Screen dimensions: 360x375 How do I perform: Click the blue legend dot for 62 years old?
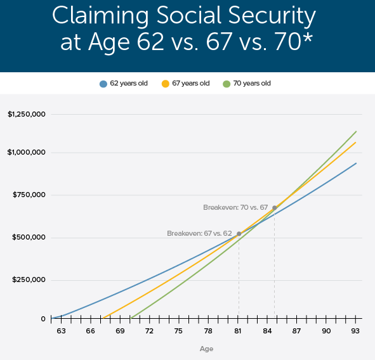coord(103,84)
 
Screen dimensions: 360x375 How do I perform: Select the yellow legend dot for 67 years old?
coord(166,84)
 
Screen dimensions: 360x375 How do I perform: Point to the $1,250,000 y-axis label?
coord(27,115)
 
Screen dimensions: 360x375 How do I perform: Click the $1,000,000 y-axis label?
coord(27,153)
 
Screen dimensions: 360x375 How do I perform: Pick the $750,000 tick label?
coord(29,195)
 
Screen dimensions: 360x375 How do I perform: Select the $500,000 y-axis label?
coord(29,238)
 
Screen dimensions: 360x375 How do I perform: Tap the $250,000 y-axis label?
coord(29,280)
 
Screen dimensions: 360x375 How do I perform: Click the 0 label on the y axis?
coord(43,319)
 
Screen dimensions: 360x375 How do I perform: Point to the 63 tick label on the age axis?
coord(61,331)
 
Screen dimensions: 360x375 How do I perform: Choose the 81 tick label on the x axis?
coord(238,331)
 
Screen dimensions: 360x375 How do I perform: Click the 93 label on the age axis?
coord(356,331)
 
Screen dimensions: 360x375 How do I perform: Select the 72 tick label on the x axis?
coord(149,331)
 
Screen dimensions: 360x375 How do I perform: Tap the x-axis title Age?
coord(206,349)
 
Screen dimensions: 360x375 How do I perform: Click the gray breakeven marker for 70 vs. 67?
coord(274,207)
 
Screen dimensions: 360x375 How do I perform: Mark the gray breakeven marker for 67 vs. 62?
coord(239,234)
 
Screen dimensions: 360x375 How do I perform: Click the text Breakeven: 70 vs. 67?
coord(235,207)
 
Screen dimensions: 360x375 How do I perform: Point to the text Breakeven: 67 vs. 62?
coord(199,233)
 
